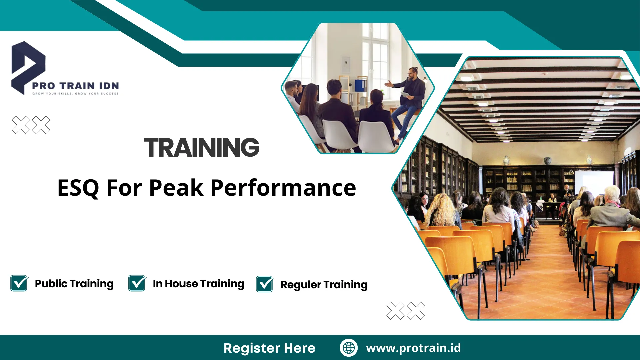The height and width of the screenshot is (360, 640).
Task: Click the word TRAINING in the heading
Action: coord(202,147)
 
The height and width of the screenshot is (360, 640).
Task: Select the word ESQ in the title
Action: coord(78,188)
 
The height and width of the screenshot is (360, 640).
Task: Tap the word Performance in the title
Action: coord(283,188)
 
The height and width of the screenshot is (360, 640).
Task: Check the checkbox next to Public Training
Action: coord(19,283)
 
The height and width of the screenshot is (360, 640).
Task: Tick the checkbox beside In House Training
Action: coord(137,283)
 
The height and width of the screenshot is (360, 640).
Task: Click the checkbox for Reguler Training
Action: coord(265,284)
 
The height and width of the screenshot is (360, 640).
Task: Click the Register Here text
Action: coord(269,348)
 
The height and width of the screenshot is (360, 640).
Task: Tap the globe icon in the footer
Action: coord(349,348)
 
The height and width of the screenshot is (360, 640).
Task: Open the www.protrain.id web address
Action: coord(413,348)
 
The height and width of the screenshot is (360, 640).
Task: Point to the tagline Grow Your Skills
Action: coord(52,94)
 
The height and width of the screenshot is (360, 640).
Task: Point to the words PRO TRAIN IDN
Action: coord(75,86)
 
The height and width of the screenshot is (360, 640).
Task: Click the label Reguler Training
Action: coord(324,285)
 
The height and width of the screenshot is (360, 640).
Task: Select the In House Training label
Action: coord(198,284)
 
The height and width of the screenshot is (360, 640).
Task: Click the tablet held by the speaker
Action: coord(405,95)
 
